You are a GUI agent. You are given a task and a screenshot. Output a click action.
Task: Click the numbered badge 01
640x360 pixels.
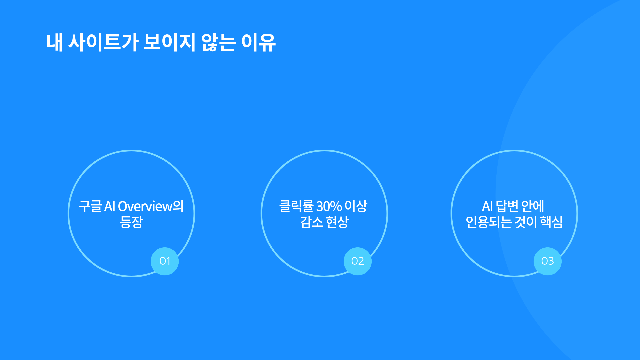point(165,261)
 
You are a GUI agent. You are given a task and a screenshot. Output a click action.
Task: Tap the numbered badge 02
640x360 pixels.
point(358,261)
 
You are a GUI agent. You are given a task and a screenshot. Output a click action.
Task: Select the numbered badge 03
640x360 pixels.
point(548,261)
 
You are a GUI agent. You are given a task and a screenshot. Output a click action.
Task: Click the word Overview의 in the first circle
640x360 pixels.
point(151,206)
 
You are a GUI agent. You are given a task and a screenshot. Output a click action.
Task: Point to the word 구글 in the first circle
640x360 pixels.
point(90,206)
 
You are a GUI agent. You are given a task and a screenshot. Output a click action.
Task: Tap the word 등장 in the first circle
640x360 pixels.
point(131,222)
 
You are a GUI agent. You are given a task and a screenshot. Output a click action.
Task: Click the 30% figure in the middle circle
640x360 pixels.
point(329,206)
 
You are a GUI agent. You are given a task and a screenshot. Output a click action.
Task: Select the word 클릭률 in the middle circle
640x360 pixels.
point(296,206)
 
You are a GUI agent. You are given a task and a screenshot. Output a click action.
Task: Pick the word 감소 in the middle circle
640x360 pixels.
point(311,222)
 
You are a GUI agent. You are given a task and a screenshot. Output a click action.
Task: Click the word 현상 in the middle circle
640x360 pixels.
point(337,222)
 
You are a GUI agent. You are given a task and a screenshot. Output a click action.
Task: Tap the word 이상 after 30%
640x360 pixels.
point(356,206)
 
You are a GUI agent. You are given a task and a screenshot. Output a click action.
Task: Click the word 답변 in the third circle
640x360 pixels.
point(507,206)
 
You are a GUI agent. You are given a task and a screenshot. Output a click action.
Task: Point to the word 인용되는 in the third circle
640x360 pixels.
point(489,222)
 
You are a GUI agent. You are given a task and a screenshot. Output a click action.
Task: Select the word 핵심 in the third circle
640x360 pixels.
point(551,222)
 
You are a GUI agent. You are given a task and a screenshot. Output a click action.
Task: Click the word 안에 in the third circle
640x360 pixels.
point(533,206)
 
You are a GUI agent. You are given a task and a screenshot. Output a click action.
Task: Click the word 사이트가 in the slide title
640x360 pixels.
point(103,43)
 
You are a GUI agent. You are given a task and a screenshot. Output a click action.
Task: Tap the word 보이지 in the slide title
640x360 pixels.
point(169,43)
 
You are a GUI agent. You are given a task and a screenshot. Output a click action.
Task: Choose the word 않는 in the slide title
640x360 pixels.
point(218,43)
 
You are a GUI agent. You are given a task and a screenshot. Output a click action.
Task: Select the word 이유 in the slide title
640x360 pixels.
point(258,43)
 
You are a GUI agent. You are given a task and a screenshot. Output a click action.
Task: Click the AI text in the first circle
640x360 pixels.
point(110,206)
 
